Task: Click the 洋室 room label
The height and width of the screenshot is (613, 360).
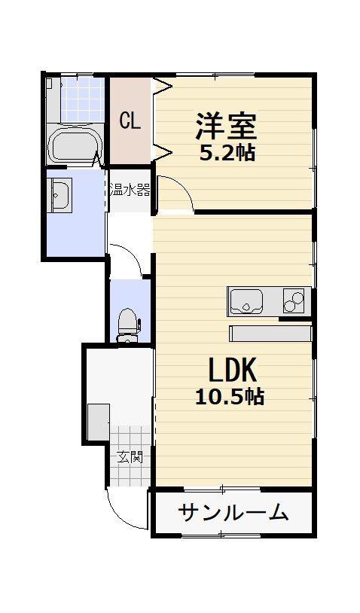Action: click(226, 127)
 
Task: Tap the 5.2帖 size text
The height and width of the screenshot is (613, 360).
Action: click(227, 154)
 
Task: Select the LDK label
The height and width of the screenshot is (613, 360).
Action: click(233, 370)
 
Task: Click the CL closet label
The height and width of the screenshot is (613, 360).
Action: click(130, 120)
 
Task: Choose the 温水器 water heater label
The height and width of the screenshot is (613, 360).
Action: click(130, 191)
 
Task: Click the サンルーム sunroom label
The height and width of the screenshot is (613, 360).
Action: click(233, 512)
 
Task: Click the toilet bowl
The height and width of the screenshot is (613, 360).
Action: click(127, 323)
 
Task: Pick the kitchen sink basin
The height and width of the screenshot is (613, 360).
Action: click(246, 302)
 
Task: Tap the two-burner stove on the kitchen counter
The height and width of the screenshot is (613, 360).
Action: click(294, 300)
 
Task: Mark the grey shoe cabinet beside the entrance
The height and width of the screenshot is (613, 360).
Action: click(98, 422)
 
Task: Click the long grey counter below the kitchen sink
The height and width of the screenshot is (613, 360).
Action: click(270, 334)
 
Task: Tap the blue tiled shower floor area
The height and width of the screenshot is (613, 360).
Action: click(83, 99)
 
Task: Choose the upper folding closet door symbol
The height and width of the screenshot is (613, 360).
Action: click(162, 86)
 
